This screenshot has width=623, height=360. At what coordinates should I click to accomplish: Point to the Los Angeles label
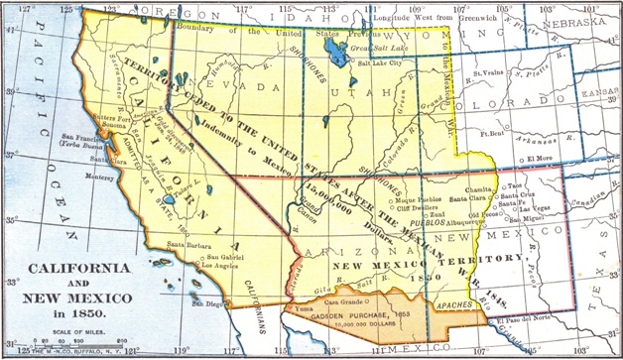click(x=221, y=267)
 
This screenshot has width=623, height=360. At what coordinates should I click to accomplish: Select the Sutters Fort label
click(x=83, y=118)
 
